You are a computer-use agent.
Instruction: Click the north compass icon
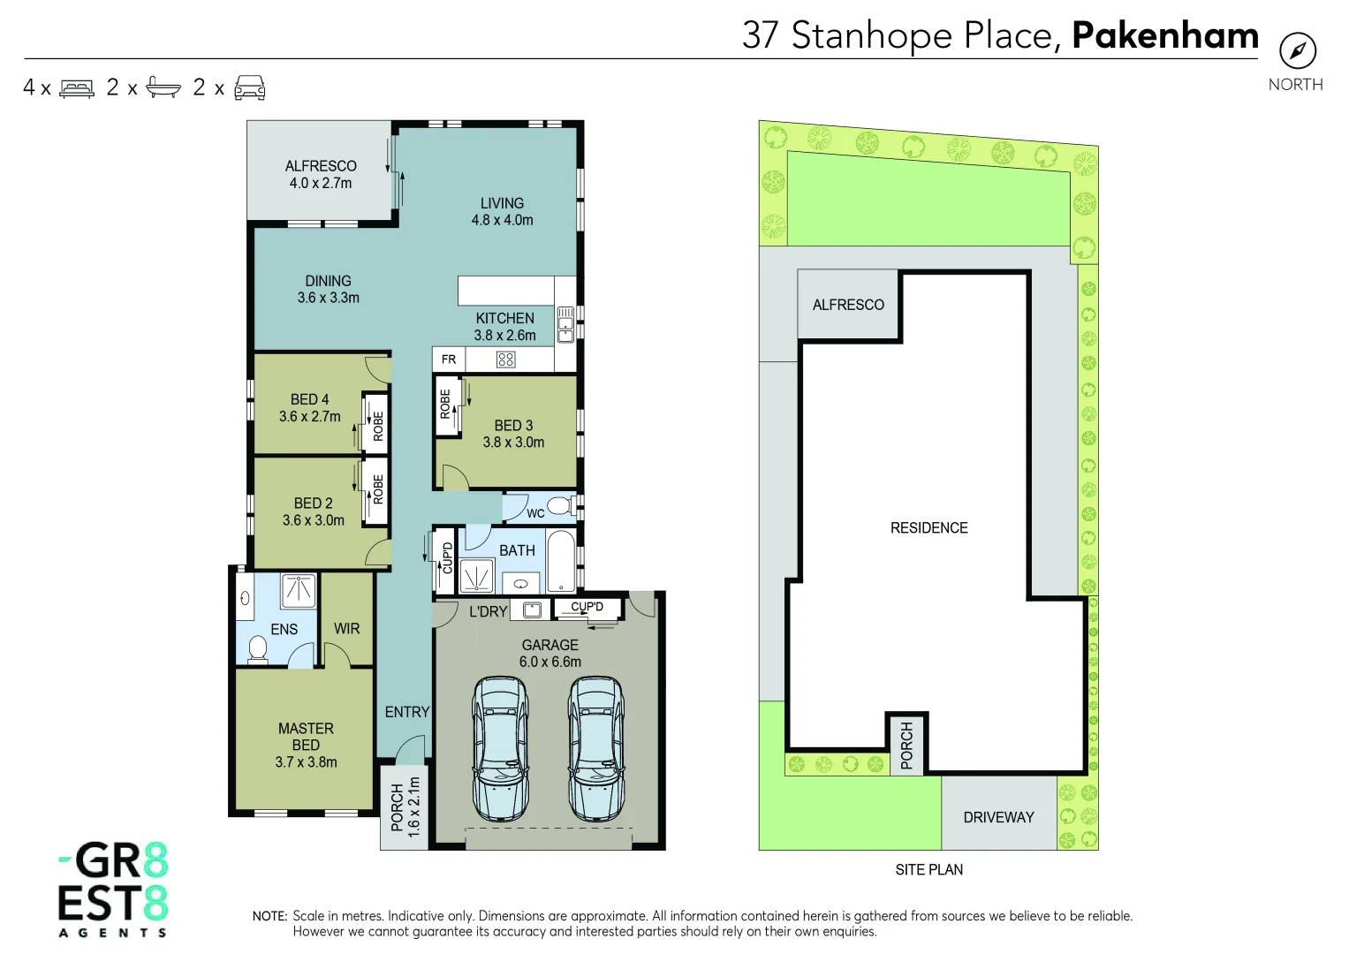click(1297, 51)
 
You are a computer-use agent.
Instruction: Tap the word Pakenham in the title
click(1164, 35)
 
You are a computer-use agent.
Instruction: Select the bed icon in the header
click(77, 88)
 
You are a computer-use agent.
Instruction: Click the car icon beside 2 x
click(250, 87)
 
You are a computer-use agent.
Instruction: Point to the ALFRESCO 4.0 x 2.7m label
click(321, 175)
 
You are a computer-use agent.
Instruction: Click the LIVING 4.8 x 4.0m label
click(502, 212)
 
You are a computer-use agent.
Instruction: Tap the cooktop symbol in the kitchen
click(505, 360)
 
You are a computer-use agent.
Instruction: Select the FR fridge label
click(449, 360)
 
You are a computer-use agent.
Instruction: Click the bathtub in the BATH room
click(560, 560)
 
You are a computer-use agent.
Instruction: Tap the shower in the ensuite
click(299, 590)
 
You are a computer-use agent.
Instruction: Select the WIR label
click(346, 629)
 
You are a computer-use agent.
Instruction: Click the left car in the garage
click(500, 749)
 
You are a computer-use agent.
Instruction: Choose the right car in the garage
click(595, 749)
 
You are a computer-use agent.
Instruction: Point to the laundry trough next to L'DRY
click(532, 609)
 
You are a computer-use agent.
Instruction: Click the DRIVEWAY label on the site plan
click(998, 818)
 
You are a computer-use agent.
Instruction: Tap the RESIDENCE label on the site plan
click(928, 528)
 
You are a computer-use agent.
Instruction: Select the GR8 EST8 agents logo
click(113, 889)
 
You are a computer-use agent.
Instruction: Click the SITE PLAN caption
click(928, 870)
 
